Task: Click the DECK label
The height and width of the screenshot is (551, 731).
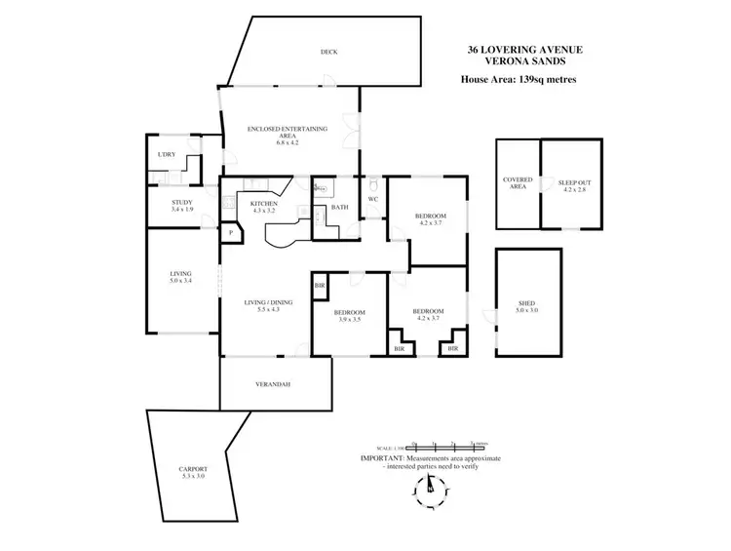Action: pos(329,52)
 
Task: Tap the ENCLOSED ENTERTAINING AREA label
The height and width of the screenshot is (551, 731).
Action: pos(287,128)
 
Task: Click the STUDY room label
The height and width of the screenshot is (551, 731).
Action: pos(181,202)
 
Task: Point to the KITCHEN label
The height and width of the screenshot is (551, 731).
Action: pos(264,203)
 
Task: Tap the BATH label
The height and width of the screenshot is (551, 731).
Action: pos(339,207)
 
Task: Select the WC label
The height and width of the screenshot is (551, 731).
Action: pos(372,200)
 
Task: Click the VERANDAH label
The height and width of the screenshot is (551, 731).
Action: pos(273,383)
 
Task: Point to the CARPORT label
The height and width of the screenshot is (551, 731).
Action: pos(193,468)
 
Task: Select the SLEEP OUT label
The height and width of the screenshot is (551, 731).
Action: pos(573,182)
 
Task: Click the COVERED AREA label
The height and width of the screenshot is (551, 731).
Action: pos(516,182)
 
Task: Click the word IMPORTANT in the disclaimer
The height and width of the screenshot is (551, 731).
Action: pos(383,456)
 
